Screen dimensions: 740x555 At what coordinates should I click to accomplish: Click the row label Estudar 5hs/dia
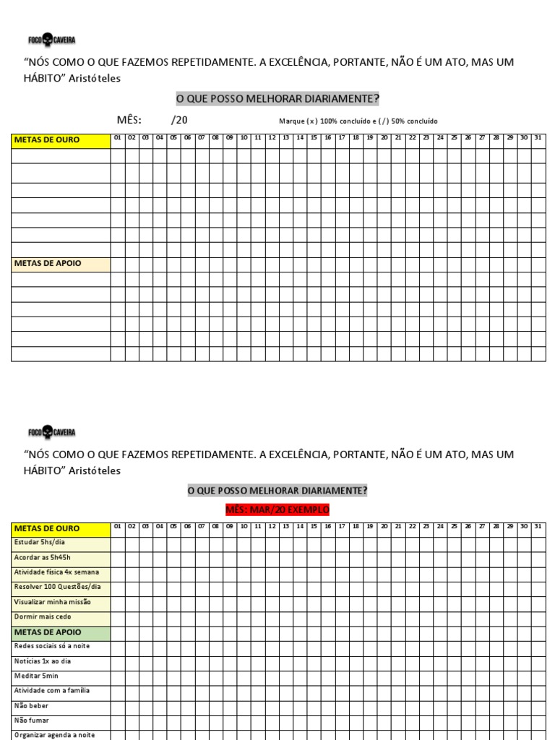[40, 543]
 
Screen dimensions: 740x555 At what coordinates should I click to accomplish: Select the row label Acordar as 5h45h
[43, 558]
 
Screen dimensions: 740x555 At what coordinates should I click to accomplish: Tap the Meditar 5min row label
[36, 676]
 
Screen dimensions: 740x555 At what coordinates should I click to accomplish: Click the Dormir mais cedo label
[43, 617]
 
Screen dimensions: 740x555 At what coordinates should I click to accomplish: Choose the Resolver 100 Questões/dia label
[57, 587]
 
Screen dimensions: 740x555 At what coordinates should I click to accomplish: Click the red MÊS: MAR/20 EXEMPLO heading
[277, 510]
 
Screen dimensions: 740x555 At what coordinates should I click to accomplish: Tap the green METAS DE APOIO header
[48, 632]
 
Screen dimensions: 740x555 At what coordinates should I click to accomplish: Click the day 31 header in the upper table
[538, 137]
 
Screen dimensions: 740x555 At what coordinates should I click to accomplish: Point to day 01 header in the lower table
[118, 526]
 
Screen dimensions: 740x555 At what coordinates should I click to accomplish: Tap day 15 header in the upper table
[314, 137]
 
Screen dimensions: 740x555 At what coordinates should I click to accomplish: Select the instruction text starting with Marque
[358, 121]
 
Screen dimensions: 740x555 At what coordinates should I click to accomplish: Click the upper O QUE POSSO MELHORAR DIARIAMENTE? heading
[277, 98]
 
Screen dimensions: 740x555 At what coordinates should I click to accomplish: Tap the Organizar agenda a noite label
[53, 735]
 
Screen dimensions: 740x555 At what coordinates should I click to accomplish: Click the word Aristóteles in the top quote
[94, 78]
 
